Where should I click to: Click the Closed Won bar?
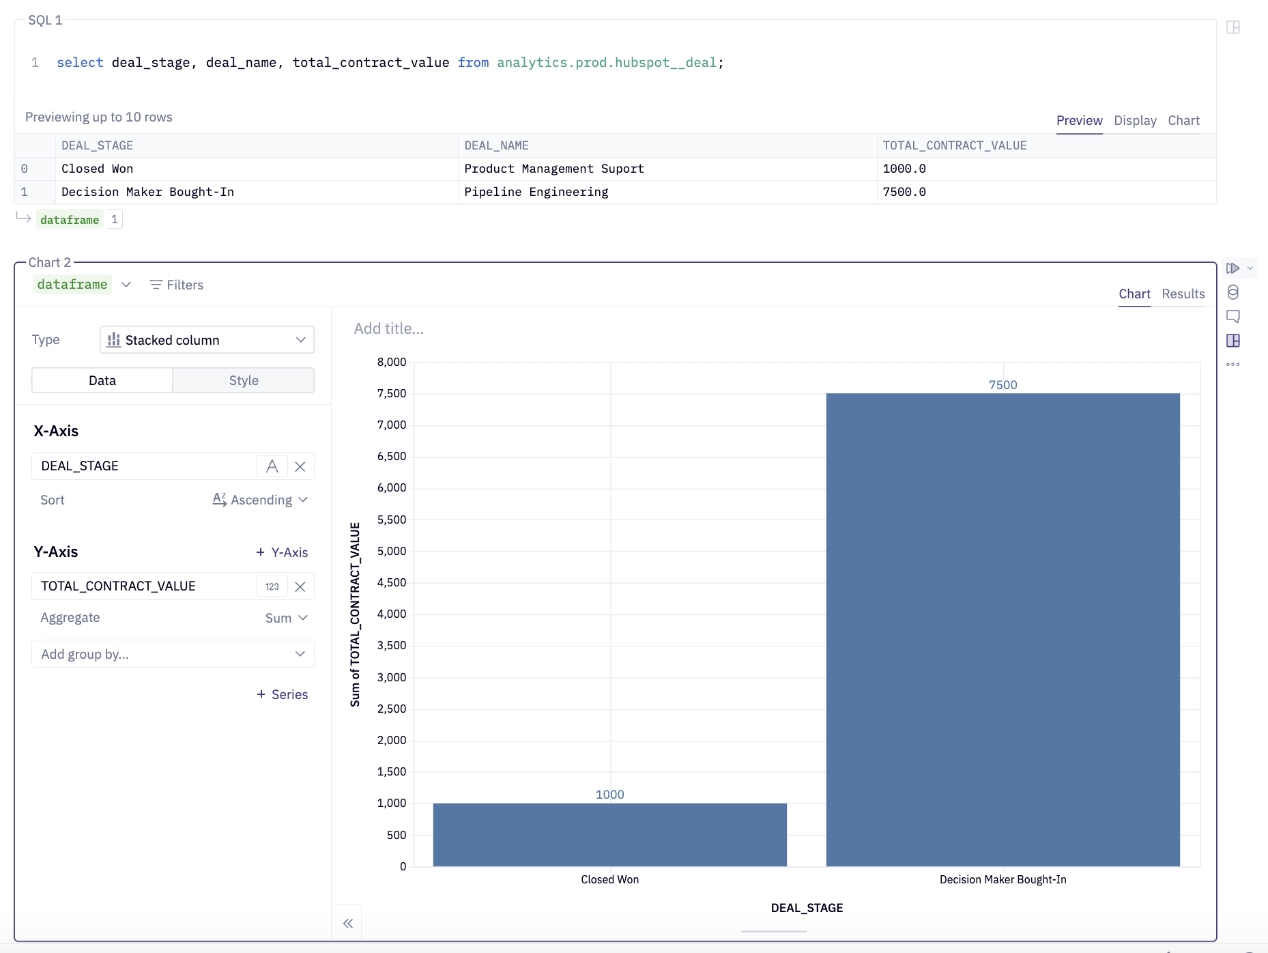609,834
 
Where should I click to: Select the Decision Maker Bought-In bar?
1003,628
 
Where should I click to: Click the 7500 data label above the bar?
1003,385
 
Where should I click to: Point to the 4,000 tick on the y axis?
392,614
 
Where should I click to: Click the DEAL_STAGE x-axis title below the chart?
807,908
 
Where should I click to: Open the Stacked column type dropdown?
207,340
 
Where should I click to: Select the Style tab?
244,380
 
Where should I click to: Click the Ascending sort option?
260,500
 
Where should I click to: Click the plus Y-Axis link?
282,552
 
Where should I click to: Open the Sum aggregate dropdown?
286,618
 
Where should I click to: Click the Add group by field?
173,654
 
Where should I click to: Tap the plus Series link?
282,694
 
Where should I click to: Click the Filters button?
177,285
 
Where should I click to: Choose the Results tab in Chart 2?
1183,294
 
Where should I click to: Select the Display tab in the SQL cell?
1134,121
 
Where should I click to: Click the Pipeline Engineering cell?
536,192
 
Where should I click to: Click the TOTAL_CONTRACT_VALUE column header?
954,145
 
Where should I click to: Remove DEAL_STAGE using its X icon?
300,466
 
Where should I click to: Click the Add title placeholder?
388,328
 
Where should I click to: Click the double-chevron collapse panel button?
348,923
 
